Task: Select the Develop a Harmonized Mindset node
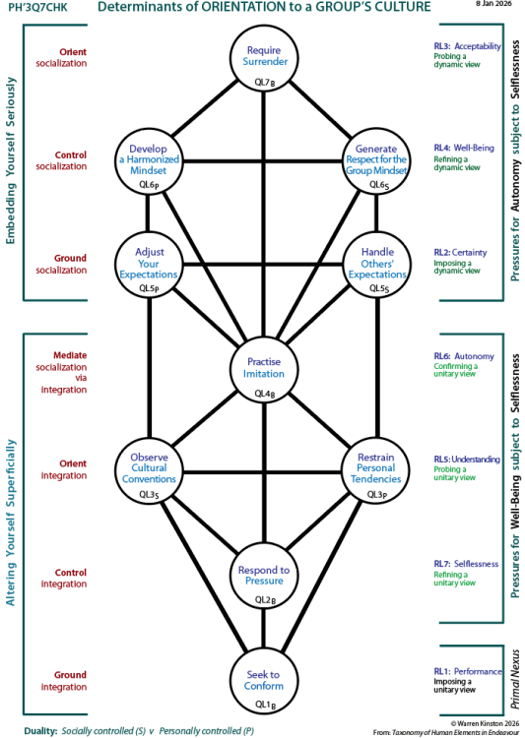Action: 148,159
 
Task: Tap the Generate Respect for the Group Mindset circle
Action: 378,159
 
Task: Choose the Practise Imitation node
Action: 263,370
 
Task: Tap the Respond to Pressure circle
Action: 263,577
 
